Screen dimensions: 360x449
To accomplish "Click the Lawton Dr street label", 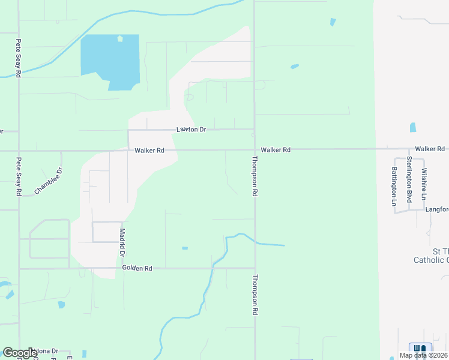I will click(x=191, y=130).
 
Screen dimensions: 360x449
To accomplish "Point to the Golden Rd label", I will click(x=137, y=268).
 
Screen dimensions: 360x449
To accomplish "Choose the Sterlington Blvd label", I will click(x=409, y=179).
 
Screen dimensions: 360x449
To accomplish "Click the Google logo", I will click(x=20, y=353).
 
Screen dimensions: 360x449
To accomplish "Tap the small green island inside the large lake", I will click(x=120, y=39).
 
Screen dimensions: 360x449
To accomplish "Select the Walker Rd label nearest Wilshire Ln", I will click(x=429, y=148).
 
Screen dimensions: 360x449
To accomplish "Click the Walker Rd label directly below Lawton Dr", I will click(x=149, y=150).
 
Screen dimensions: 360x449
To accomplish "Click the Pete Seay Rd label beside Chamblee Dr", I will click(x=19, y=176).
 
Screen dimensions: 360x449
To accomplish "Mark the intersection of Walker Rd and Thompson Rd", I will click(x=254, y=149).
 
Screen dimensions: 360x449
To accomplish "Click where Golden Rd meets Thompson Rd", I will click(x=255, y=268).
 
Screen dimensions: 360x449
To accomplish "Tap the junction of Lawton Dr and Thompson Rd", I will click(x=254, y=130).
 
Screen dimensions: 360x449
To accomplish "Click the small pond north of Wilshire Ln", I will click(x=413, y=127).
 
